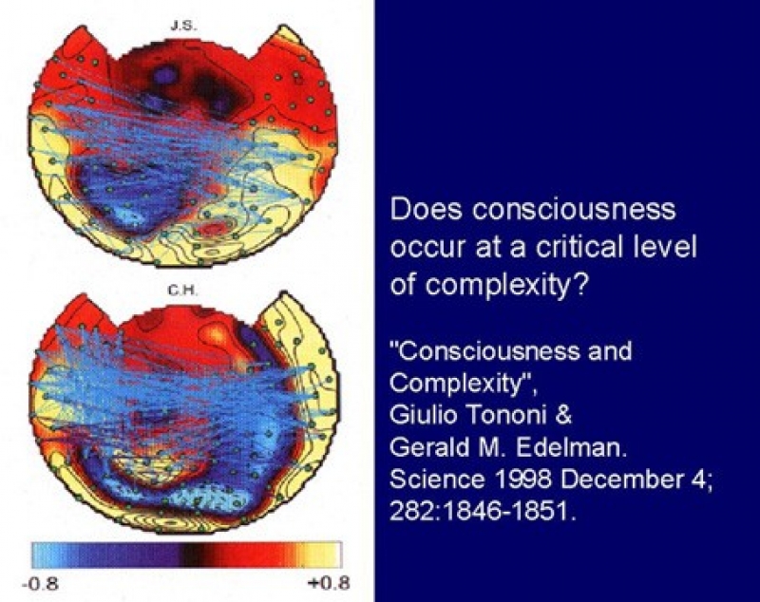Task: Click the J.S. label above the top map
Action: tap(183, 26)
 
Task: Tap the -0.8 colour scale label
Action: tap(40, 583)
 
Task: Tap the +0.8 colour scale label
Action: tap(329, 583)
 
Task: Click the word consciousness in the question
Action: tap(574, 210)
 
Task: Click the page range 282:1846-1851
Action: tap(484, 511)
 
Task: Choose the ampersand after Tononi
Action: tap(563, 416)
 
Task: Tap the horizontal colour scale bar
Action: tap(186, 555)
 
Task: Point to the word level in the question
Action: tap(669, 247)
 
